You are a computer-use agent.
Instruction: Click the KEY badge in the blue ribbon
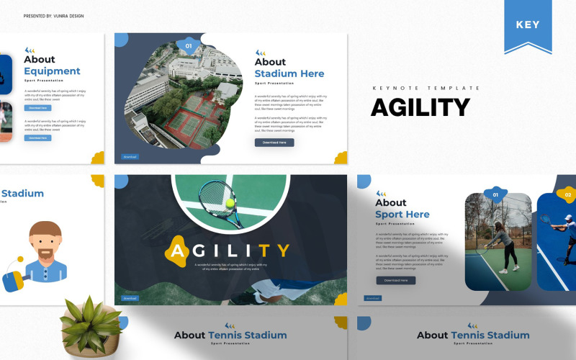click(x=528, y=24)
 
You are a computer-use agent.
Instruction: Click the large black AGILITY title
click(x=420, y=108)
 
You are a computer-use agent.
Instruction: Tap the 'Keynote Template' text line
click(x=426, y=88)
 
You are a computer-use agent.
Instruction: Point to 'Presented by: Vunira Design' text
click(x=55, y=16)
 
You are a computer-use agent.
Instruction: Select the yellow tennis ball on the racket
click(x=230, y=204)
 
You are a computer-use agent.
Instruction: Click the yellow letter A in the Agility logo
click(x=176, y=251)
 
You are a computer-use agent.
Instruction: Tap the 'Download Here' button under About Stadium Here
click(x=274, y=143)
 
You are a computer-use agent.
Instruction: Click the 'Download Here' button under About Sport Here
click(x=395, y=280)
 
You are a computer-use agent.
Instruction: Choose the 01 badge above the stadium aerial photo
click(x=189, y=46)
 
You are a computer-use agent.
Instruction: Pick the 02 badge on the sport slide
click(x=567, y=194)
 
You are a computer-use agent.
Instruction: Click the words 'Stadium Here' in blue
click(x=289, y=73)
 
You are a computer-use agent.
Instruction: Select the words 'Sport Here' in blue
click(x=402, y=215)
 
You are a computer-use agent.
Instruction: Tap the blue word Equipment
click(x=52, y=71)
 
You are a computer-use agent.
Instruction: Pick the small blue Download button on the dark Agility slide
click(x=130, y=297)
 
